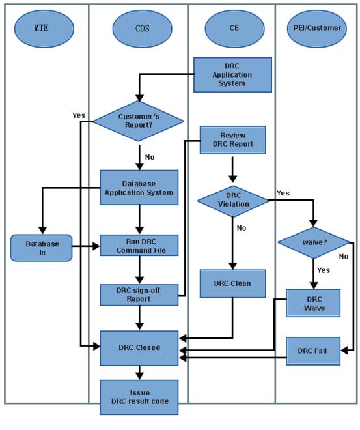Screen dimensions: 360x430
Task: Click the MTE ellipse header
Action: tap(44, 29)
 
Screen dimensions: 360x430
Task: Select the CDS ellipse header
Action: tap(142, 29)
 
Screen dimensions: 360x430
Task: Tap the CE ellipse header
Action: tap(234, 29)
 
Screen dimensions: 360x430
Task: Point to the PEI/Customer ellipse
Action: tap(317, 29)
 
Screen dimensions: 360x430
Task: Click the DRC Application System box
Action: tap(232, 74)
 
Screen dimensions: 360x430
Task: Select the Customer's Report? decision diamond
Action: tap(139, 121)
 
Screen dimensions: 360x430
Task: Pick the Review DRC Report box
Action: tap(232, 140)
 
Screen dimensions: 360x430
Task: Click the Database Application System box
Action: tap(139, 188)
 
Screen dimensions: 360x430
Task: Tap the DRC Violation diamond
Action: tap(233, 201)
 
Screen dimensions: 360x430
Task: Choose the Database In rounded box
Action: tap(42, 248)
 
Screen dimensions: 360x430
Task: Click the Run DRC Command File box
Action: tap(139, 246)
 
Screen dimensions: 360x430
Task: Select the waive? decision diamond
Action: tap(314, 243)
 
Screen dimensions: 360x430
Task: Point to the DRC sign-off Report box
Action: tap(139, 295)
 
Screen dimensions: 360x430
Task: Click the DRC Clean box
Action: tap(232, 283)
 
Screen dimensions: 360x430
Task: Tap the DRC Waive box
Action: tap(313, 303)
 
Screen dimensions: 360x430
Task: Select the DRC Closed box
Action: tap(139, 349)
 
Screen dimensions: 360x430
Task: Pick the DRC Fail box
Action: tap(313, 351)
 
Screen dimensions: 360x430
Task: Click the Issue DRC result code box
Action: tap(139, 397)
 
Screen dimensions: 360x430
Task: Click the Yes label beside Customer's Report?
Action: tap(79, 115)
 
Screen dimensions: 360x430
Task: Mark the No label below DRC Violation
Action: tap(242, 228)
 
